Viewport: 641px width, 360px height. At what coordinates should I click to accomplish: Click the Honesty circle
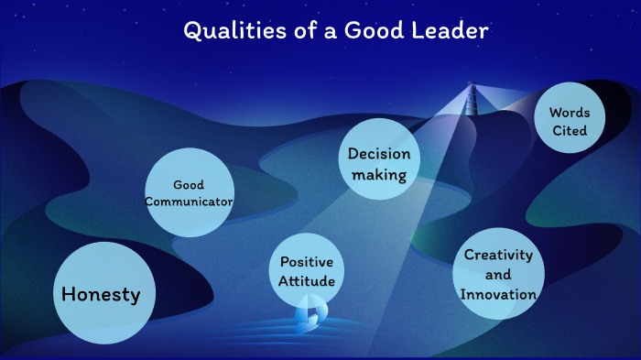101,293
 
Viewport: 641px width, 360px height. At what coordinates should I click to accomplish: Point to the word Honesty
101,294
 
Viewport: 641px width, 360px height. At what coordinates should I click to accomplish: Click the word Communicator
189,202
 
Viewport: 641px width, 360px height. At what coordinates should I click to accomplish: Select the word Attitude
308,281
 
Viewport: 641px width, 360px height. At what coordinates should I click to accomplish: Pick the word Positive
308,262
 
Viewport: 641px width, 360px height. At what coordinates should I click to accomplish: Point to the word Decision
379,154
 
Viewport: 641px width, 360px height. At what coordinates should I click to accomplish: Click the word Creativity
498,255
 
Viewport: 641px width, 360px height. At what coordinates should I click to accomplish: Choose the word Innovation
498,294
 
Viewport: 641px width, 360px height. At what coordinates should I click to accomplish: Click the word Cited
570,131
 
